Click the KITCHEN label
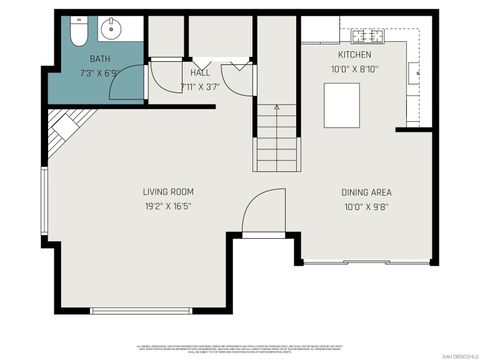[x=355, y=55]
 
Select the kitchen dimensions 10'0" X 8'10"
[x=355, y=69]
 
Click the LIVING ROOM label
[x=168, y=192]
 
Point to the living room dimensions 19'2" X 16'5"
[x=168, y=206]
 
